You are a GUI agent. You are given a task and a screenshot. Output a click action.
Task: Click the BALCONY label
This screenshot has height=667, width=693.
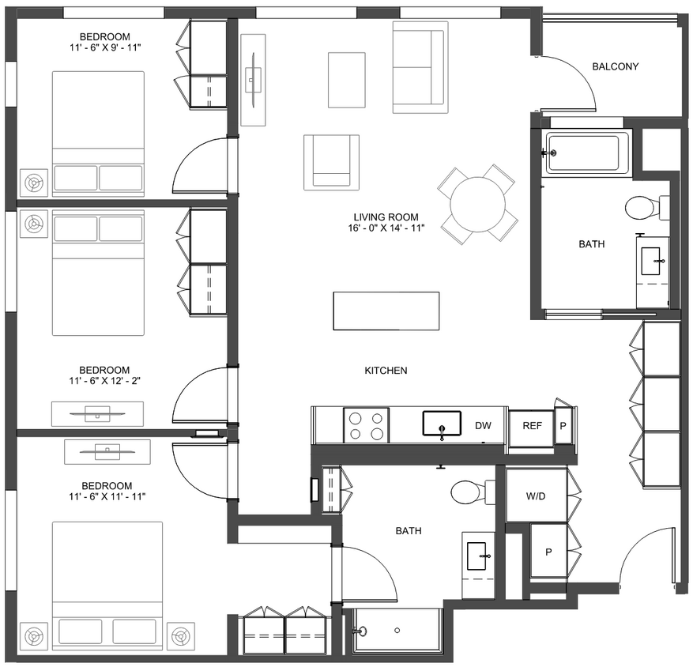click(615, 66)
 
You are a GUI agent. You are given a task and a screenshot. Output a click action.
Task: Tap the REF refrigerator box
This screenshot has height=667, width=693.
click(532, 426)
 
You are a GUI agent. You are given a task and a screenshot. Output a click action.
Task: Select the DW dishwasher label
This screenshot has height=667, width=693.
click(483, 426)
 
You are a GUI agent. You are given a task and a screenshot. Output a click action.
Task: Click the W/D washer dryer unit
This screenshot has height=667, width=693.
click(537, 496)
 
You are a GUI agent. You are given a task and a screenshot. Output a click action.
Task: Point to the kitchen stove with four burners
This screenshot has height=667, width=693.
click(366, 424)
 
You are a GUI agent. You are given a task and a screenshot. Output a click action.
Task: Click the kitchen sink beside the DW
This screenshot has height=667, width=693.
click(442, 424)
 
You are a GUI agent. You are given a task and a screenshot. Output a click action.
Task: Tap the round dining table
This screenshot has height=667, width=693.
click(477, 203)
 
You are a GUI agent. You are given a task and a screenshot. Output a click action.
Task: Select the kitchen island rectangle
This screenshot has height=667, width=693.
click(386, 311)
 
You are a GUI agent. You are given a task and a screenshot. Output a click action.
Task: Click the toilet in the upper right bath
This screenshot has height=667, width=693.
click(642, 208)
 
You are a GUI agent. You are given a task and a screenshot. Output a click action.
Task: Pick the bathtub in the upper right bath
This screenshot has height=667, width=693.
click(587, 152)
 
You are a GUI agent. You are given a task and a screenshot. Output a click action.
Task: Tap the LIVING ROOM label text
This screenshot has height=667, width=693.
click(386, 217)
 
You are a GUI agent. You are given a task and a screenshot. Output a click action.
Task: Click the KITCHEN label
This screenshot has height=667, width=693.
click(386, 371)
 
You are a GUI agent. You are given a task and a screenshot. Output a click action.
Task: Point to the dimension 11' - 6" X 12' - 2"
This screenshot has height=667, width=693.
click(104, 381)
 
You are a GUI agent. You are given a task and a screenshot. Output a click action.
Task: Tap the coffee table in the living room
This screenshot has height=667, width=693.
click(346, 80)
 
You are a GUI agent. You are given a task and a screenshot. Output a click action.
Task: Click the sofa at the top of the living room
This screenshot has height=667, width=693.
click(419, 67)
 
